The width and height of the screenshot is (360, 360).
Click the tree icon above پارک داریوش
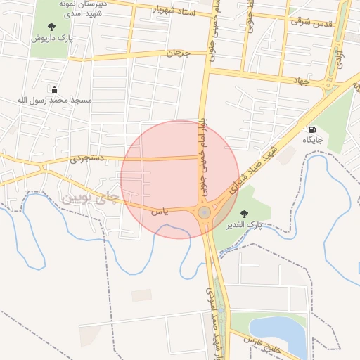pyautogui.click(x=52, y=27)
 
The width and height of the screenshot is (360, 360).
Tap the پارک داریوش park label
pyautogui.click(x=52, y=38)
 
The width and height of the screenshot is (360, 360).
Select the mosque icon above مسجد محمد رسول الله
pyautogui.click(x=55, y=89)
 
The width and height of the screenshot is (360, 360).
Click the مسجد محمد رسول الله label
pyautogui.click(x=55, y=101)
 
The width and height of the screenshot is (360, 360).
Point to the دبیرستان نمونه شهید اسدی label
pyautogui.click(x=81, y=8)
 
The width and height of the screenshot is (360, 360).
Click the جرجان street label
pyautogui.click(x=179, y=53)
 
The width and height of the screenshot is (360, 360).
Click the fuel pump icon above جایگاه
pyautogui.click(x=312, y=129)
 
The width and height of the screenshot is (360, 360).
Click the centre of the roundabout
pyautogui.click(x=205, y=212)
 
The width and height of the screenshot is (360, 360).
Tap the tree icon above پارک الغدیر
pyautogui.click(x=244, y=214)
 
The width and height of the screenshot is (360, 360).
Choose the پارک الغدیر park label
pyautogui.click(x=244, y=225)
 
